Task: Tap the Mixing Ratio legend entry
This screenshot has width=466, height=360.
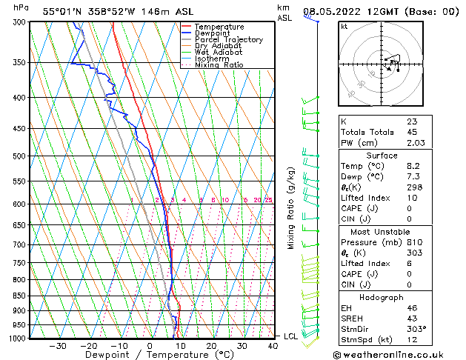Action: pyautogui.click(x=219, y=65)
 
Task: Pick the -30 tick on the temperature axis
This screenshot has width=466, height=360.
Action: pyautogui.click(x=58, y=345)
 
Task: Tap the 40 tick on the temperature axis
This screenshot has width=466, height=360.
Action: pyautogui.click(x=273, y=345)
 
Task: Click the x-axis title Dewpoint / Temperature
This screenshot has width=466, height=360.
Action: pyautogui.click(x=150, y=355)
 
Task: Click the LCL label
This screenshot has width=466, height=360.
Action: pyautogui.click(x=291, y=336)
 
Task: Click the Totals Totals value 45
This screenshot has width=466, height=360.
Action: pyautogui.click(x=412, y=132)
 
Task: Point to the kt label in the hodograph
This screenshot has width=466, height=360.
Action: pyautogui.click(x=344, y=26)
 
